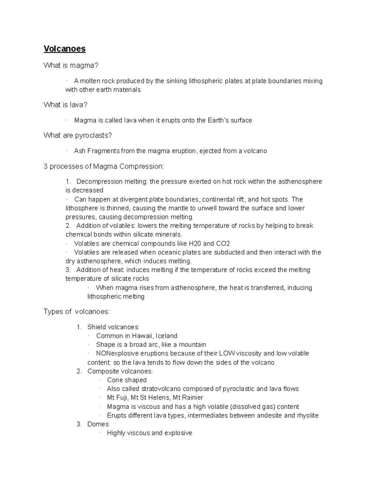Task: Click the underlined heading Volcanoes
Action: (x=64, y=49)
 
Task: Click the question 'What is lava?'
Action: (x=65, y=105)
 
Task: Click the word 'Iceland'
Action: (x=166, y=336)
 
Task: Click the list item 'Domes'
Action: (x=98, y=424)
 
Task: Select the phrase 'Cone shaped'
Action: (x=127, y=380)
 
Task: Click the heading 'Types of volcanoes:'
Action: (x=77, y=312)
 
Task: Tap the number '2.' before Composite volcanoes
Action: (x=79, y=371)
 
